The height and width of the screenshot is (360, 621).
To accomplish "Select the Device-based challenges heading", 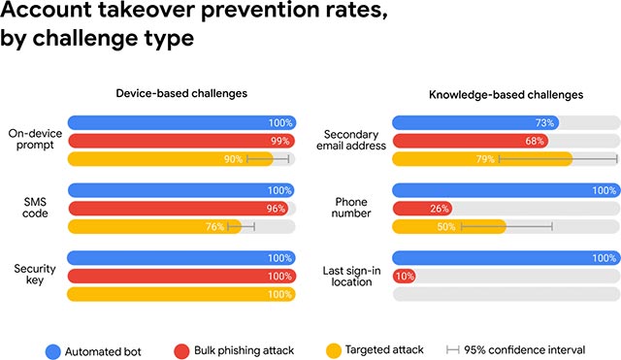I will pyautogui.click(x=181, y=94).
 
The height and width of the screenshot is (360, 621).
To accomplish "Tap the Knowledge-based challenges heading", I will pyautogui.click(x=506, y=94).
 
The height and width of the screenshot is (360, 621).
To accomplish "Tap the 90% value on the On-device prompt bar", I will pyautogui.click(x=234, y=159).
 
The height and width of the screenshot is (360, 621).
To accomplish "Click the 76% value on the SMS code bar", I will pyautogui.click(x=215, y=226).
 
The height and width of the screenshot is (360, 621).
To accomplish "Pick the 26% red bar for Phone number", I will pyautogui.click(x=422, y=209).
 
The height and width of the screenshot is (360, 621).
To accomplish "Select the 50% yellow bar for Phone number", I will pyautogui.click(x=448, y=226).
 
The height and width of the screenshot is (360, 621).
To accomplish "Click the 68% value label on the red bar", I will pyautogui.click(x=533, y=142).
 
